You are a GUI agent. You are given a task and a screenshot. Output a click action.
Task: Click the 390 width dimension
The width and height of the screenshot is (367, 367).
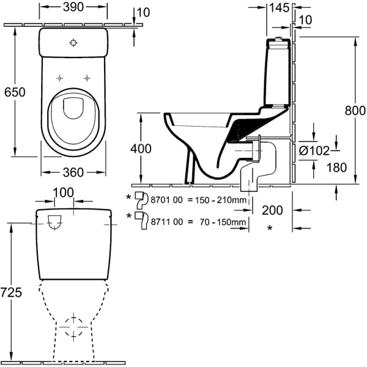click(x=73, y=7)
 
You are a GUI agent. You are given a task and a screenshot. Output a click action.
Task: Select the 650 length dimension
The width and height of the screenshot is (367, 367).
click(x=15, y=92)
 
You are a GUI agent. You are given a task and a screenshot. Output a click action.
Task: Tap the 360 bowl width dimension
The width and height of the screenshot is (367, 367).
click(x=73, y=172)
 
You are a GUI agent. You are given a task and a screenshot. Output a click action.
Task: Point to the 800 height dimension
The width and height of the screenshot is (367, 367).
click(x=355, y=111)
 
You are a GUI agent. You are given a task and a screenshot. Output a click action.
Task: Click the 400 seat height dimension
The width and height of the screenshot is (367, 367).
click(x=141, y=149)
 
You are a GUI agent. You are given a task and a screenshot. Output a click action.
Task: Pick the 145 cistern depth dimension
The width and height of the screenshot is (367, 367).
click(x=280, y=8)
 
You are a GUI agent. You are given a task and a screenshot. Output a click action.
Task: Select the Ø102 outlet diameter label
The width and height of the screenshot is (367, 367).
click(x=314, y=150)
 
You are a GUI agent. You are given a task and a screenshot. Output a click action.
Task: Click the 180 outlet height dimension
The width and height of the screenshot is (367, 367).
click(x=336, y=168)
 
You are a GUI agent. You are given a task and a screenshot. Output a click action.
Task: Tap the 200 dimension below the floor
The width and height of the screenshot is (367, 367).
click(x=272, y=210)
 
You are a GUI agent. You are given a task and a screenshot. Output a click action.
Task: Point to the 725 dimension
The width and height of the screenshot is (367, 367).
click(x=11, y=292)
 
